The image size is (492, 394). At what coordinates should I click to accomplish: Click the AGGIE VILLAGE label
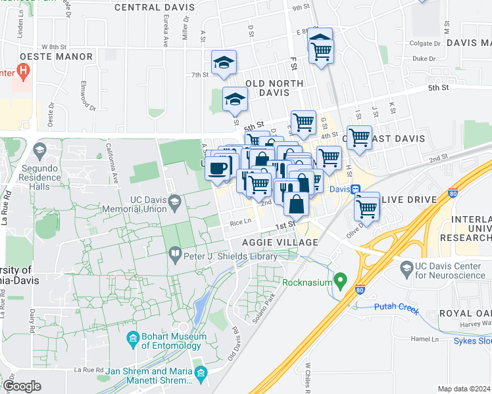(x=280, y=242)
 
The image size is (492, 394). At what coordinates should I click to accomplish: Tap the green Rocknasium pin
(x=340, y=281)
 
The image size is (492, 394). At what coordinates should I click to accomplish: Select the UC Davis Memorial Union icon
(x=175, y=201)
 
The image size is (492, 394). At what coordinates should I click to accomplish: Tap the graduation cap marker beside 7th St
(x=224, y=63)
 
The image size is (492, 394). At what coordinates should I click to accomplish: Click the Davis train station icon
(x=356, y=189)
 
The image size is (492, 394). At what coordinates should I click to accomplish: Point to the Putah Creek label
(x=397, y=307)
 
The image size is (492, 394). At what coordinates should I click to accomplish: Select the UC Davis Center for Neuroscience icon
(x=406, y=267)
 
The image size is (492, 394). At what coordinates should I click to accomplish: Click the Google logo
(x=22, y=385)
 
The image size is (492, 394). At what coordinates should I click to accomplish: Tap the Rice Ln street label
(x=241, y=223)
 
